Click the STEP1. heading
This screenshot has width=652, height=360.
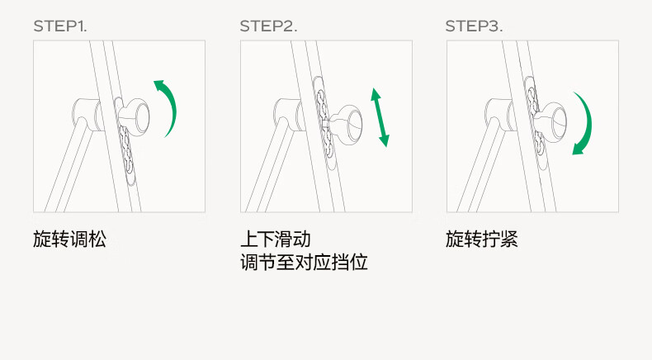point(60,26)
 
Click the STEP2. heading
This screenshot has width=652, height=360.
point(268,26)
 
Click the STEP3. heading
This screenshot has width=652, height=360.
point(474,26)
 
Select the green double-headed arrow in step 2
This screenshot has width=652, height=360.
point(380,117)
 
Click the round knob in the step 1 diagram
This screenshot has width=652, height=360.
point(134,117)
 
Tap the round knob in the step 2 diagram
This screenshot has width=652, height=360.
point(346,124)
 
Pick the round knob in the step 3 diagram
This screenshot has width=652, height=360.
point(550,121)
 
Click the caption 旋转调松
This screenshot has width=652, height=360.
point(69,239)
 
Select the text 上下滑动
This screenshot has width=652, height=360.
point(276,239)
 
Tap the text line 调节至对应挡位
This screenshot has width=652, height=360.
point(304,263)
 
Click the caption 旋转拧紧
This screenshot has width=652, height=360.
point(482,239)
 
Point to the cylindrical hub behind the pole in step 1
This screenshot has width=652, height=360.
point(87,114)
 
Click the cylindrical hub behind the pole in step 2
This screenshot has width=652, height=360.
point(288,114)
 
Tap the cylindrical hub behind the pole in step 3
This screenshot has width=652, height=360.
point(499,114)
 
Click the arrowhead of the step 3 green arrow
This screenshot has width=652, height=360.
point(577,149)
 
